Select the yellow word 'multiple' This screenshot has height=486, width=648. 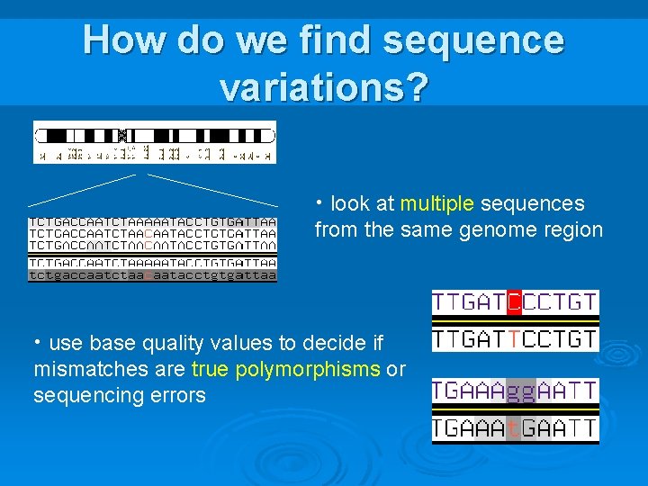pyautogui.click(x=436, y=204)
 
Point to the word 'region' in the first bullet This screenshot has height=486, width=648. pyautogui.click(x=571, y=230)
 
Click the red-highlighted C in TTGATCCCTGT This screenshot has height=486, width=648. pyautogui.click(x=514, y=301)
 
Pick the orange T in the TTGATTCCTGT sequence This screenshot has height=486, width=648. pyautogui.click(x=514, y=339)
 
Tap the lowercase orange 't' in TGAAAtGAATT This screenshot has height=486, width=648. pyautogui.click(x=512, y=429)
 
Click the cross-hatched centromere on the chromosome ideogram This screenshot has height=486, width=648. pyautogui.click(x=121, y=136)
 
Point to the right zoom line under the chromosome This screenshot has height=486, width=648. pyautogui.click(x=212, y=190)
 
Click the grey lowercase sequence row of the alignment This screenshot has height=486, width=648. pyautogui.click(x=152, y=276)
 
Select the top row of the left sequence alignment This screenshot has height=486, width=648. pyautogui.click(x=152, y=221)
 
